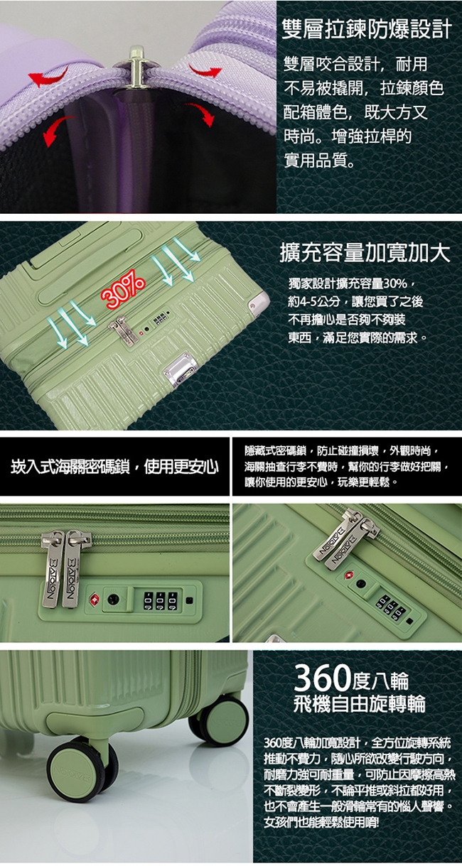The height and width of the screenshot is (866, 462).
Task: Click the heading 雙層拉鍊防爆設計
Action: point(367,29)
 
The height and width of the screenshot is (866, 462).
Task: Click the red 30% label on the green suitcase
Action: point(123,288)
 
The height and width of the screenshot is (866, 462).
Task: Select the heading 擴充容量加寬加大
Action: point(365,253)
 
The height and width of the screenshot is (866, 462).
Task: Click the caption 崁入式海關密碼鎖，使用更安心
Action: point(114,467)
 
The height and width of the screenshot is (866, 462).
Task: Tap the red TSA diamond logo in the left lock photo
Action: point(94,600)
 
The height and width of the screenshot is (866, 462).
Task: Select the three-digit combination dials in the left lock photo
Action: point(161,600)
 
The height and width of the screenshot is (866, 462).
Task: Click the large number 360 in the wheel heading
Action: point(322,678)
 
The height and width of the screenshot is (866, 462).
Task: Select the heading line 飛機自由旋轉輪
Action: point(360,703)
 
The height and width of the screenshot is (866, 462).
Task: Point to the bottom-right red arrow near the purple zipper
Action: point(200,114)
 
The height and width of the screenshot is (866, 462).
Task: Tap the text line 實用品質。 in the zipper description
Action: point(320,160)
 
